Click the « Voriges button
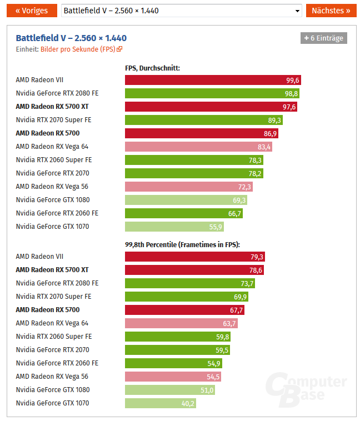click(x=32, y=11)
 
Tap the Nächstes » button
click(x=331, y=11)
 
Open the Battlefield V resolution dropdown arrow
click(x=296, y=11)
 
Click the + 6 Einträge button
click(x=324, y=38)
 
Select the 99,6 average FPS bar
click(x=213, y=80)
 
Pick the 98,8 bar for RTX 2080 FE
click(x=212, y=93)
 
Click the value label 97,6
click(x=289, y=107)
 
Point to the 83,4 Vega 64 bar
click(x=198, y=147)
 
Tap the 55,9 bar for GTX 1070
click(x=174, y=227)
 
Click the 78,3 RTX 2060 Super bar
click(x=194, y=160)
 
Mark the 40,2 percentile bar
click(x=161, y=403)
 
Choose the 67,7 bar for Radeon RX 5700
click(x=184, y=310)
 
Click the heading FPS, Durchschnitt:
click(x=153, y=68)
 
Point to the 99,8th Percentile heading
click(x=182, y=244)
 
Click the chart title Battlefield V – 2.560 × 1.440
click(x=71, y=38)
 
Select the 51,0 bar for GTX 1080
click(x=170, y=390)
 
